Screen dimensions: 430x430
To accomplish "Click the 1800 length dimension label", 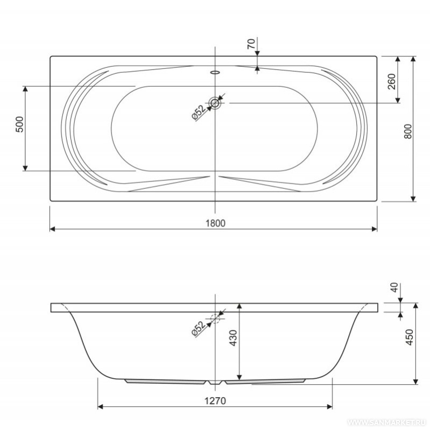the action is point(216,223).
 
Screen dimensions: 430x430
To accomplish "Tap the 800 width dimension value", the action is point(408,131).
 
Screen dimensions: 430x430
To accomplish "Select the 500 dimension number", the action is point(20,124).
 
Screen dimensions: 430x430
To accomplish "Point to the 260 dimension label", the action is point(392,81).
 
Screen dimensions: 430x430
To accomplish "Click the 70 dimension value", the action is point(251,44).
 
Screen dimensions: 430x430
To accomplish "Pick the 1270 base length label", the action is point(215,401).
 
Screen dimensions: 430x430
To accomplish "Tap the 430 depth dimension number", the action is point(233,338).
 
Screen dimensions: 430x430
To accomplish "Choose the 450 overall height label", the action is point(409,337).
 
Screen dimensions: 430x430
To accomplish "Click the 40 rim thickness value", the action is point(394,287).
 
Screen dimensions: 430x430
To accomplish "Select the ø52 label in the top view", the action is point(198,112).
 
